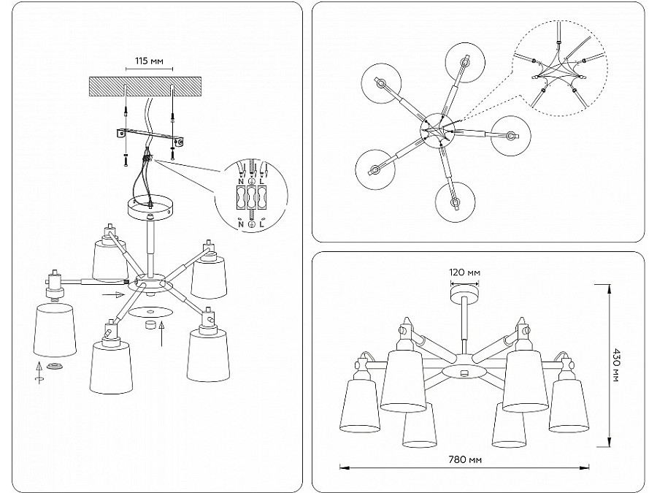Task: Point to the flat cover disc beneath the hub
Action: pos(152,312)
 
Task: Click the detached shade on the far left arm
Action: pos(55,331)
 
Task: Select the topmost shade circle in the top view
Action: pos(465,60)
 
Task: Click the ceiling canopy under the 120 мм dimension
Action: pos(464,294)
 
